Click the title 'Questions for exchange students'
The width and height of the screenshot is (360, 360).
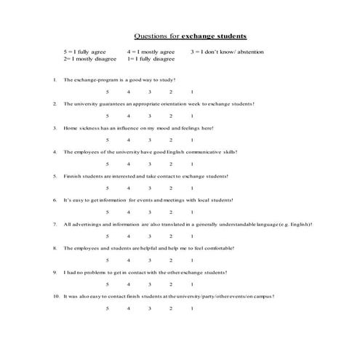(x=191, y=35)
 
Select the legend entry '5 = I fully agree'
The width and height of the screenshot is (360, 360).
(x=84, y=52)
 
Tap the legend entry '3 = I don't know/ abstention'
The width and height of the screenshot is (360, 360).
(x=227, y=52)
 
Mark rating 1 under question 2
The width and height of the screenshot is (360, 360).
(x=192, y=116)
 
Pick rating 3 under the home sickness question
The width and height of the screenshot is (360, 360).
(x=149, y=140)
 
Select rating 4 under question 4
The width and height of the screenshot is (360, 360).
(x=128, y=164)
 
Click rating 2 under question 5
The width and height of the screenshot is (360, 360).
(x=171, y=188)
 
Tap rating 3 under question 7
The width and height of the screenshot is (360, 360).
(x=149, y=236)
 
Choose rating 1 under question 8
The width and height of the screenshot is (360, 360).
(x=192, y=260)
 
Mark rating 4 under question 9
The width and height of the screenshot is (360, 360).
(x=128, y=284)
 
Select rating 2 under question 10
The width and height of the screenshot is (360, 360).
(x=171, y=308)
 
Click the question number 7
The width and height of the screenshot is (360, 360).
(x=55, y=224)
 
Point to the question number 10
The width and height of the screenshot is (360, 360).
(x=56, y=296)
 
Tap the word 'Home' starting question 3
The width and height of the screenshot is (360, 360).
(x=70, y=128)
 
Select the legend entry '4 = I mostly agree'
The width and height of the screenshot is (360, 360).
(x=151, y=52)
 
